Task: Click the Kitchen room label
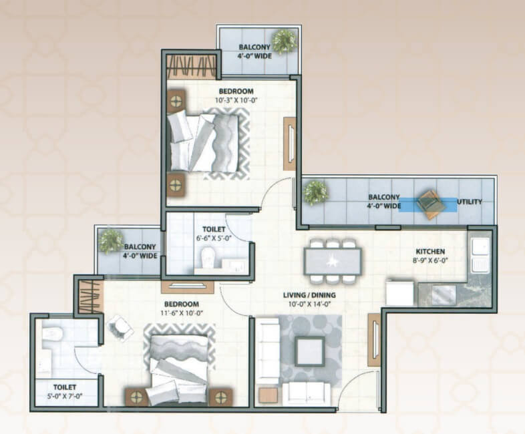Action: [430, 251]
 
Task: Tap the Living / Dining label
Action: [309, 295]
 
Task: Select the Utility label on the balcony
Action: [470, 202]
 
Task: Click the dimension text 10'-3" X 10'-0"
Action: [236, 99]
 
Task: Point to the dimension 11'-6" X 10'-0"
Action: [182, 313]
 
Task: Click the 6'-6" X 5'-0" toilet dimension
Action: [214, 238]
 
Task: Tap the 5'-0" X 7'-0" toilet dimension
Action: [65, 395]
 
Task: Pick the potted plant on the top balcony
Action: [285, 42]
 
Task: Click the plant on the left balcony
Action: [110, 242]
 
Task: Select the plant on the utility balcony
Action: [315, 193]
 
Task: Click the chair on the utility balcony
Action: [431, 204]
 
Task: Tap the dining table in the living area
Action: [333, 261]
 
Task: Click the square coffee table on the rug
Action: [310, 351]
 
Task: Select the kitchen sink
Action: [480, 256]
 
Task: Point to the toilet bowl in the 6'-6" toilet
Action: [208, 258]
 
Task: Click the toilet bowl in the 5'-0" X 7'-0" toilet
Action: [52, 333]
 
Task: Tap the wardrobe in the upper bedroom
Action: [192, 67]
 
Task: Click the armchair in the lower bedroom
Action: [120, 329]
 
